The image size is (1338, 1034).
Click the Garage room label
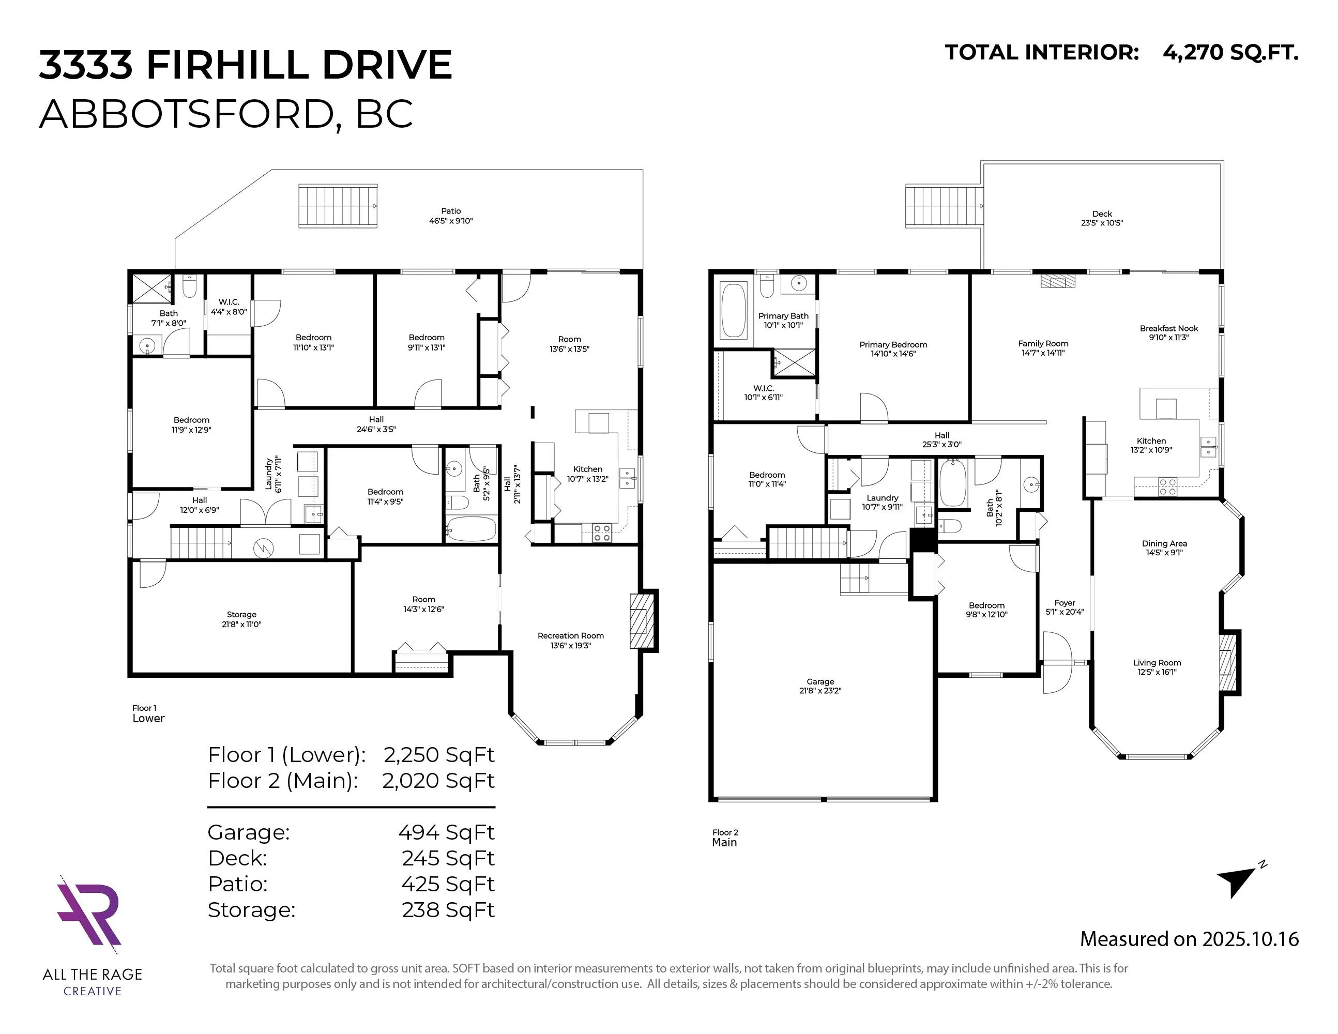point(820,681)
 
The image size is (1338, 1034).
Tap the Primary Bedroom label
point(893,345)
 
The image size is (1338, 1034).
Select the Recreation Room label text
point(570,636)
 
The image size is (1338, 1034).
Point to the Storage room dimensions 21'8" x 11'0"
point(241,624)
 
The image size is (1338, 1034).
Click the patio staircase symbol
point(338,206)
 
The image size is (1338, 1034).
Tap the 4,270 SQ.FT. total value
point(1229,53)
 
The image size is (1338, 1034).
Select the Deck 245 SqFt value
point(448,858)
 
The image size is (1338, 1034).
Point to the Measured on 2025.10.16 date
point(1189,939)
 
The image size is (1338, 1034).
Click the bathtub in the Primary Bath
point(733,310)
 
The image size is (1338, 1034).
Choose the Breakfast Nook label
point(1169,328)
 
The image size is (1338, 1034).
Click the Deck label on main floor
point(1102,214)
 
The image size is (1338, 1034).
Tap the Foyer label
point(1065,603)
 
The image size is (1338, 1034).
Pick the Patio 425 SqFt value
point(448,884)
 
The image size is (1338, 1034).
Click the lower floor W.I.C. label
point(229,302)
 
